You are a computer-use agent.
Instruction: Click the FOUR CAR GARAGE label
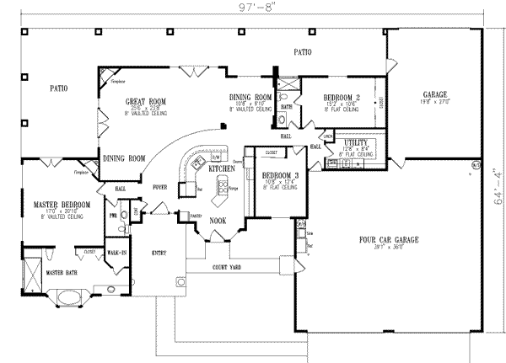tap(385, 239)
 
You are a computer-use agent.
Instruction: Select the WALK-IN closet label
tap(116, 251)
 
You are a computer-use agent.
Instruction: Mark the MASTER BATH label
tap(61, 273)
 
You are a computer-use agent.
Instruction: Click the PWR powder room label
tap(113, 216)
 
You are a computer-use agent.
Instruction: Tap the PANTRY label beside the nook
tap(196, 216)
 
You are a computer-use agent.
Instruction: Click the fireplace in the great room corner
tap(106, 77)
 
